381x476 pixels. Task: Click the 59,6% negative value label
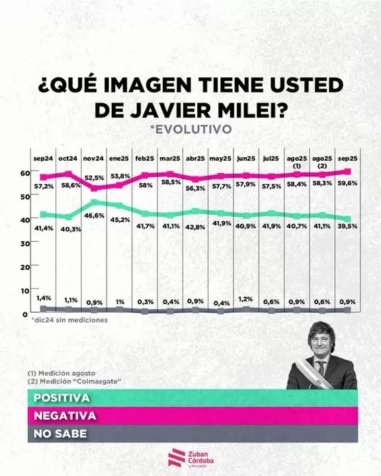[349, 183]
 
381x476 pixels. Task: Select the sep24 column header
[44, 159]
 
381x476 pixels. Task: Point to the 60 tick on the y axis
[24, 173]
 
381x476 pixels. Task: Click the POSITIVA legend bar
[190, 399]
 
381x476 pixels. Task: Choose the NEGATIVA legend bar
[190, 416]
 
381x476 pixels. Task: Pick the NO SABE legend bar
[190, 434]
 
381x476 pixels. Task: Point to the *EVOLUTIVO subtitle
[190, 128]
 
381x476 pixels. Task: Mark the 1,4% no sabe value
[43, 299]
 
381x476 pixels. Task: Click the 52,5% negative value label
[95, 178]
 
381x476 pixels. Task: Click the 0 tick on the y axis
[24, 313]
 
